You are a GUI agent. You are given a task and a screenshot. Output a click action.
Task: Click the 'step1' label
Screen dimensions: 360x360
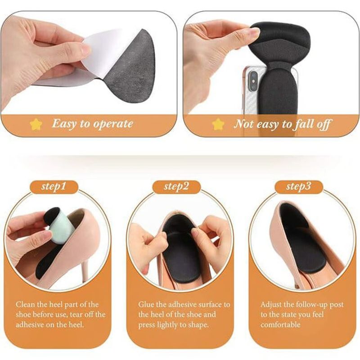(x=54, y=186)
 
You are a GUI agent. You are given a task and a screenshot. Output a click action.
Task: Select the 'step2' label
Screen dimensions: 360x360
(x=176, y=186)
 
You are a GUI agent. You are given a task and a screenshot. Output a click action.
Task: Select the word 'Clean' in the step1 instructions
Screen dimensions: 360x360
(x=26, y=305)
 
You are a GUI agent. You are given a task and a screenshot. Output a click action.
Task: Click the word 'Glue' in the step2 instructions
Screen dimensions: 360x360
(x=148, y=305)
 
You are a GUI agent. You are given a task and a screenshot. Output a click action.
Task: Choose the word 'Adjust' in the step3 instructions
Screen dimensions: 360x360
(x=272, y=305)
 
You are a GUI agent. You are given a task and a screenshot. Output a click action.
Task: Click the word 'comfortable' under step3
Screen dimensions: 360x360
(x=280, y=324)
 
